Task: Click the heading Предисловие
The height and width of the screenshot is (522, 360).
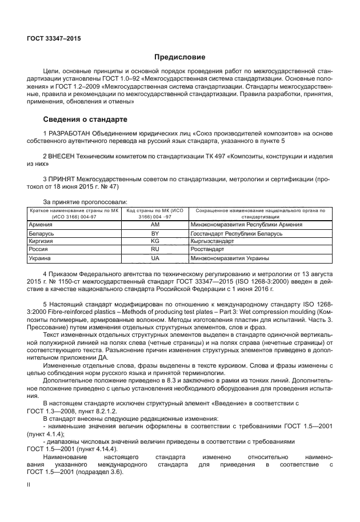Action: point(179,57)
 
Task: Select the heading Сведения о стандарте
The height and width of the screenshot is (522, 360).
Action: point(85,119)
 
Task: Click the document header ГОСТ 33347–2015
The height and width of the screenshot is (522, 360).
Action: point(54,39)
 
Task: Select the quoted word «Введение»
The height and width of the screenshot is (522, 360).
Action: point(223,403)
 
